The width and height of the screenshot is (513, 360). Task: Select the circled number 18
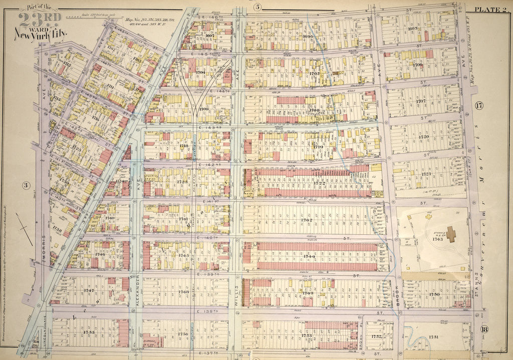(x=483, y=329)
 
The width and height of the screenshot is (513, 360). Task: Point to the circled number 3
(x=27, y=185)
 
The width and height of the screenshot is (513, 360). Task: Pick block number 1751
(x=434, y=337)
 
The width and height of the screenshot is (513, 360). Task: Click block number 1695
(x=413, y=29)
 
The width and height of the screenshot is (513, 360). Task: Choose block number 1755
(x=89, y=332)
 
